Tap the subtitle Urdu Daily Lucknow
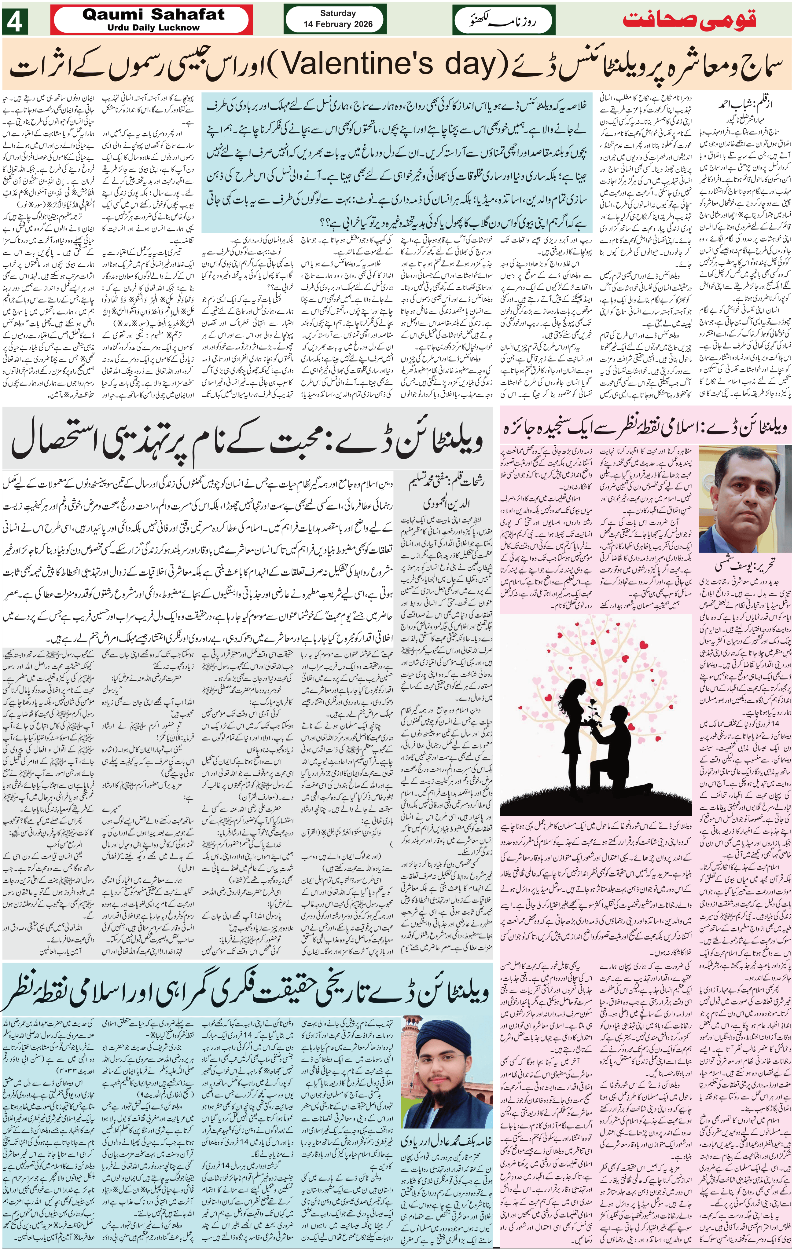[153, 27]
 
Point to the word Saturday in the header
[338, 13]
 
